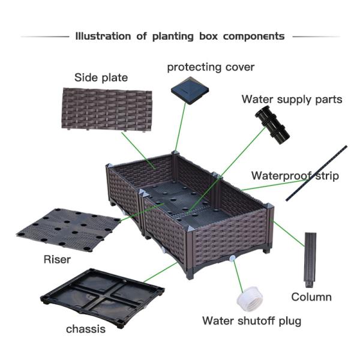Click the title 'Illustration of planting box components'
point(180,36)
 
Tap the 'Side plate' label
point(101,78)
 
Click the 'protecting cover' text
point(211,67)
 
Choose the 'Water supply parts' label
point(292,99)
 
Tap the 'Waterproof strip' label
point(295,176)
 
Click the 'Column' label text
point(311,296)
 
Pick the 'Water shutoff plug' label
point(251,320)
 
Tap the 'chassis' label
point(86,329)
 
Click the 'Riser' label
point(57,260)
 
